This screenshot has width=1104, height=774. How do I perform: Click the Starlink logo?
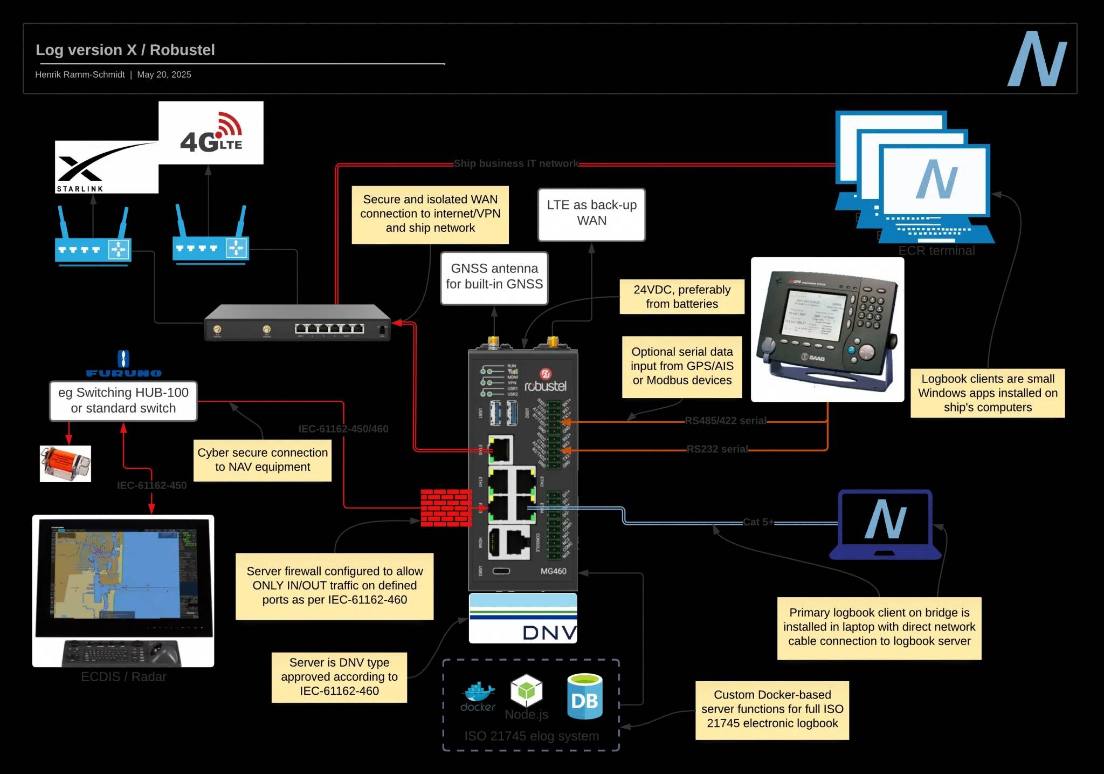106,167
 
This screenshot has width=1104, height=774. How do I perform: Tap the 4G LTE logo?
211,133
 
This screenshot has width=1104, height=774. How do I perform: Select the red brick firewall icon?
446,508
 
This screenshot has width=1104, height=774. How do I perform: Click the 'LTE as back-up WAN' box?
591,214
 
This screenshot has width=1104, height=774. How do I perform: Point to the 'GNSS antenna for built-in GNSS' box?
494,277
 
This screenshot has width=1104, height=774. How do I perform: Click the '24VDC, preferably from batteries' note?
681,297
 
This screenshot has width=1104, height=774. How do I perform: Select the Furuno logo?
123,364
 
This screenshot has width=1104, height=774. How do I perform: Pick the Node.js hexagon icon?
526,690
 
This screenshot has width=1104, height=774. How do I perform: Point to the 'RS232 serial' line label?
717,449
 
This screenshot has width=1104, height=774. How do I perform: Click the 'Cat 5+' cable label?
757,522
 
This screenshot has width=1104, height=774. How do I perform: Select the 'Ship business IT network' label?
515,163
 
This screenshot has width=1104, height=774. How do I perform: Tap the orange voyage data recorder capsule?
65,463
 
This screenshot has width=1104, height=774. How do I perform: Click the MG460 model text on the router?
553,571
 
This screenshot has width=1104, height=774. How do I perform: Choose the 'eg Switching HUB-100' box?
123,401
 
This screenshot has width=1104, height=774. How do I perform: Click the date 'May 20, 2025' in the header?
164,74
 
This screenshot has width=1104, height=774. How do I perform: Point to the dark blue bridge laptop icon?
885,524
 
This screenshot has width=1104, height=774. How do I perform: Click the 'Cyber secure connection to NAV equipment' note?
263,460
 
